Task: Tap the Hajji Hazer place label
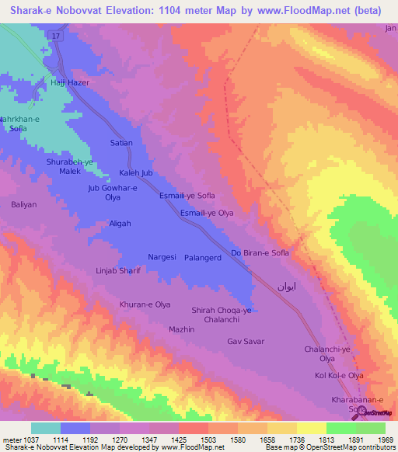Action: pos(71,82)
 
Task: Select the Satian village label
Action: pos(121,143)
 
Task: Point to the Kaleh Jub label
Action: pos(136,172)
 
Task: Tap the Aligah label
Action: pos(120,223)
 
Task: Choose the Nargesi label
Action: pos(162,256)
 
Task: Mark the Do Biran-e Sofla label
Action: pos(260,253)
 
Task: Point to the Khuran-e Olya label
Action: pos(145,304)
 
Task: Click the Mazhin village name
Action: pos(181,329)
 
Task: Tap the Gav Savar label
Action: pos(246,341)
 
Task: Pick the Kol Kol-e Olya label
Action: pos(339,375)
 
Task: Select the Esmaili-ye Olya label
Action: pos(207,212)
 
